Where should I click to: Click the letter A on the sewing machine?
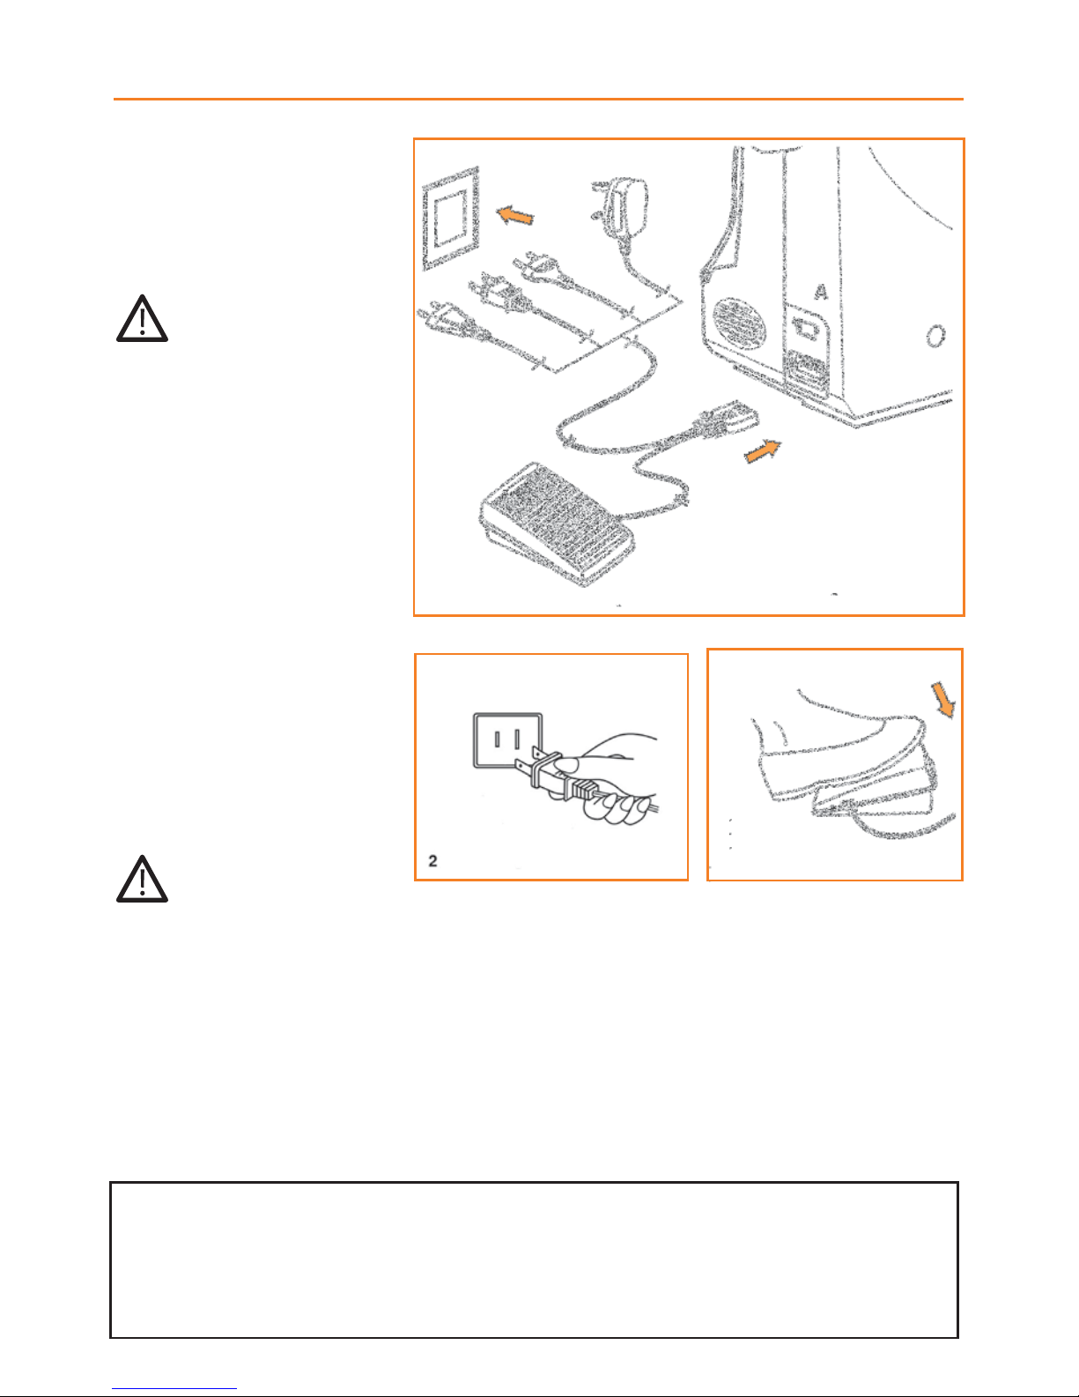click(821, 292)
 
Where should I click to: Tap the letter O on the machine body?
click(935, 336)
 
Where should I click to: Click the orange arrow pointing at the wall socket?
click(515, 215)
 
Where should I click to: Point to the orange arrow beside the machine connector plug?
click(763, 450)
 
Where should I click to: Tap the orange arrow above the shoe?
click(943, 700)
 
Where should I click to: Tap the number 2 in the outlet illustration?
click(432, 861)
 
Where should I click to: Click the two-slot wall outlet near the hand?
click(507, 740)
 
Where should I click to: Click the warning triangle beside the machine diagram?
click(142, 319)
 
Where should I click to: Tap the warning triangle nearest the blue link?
click(142, 880)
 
